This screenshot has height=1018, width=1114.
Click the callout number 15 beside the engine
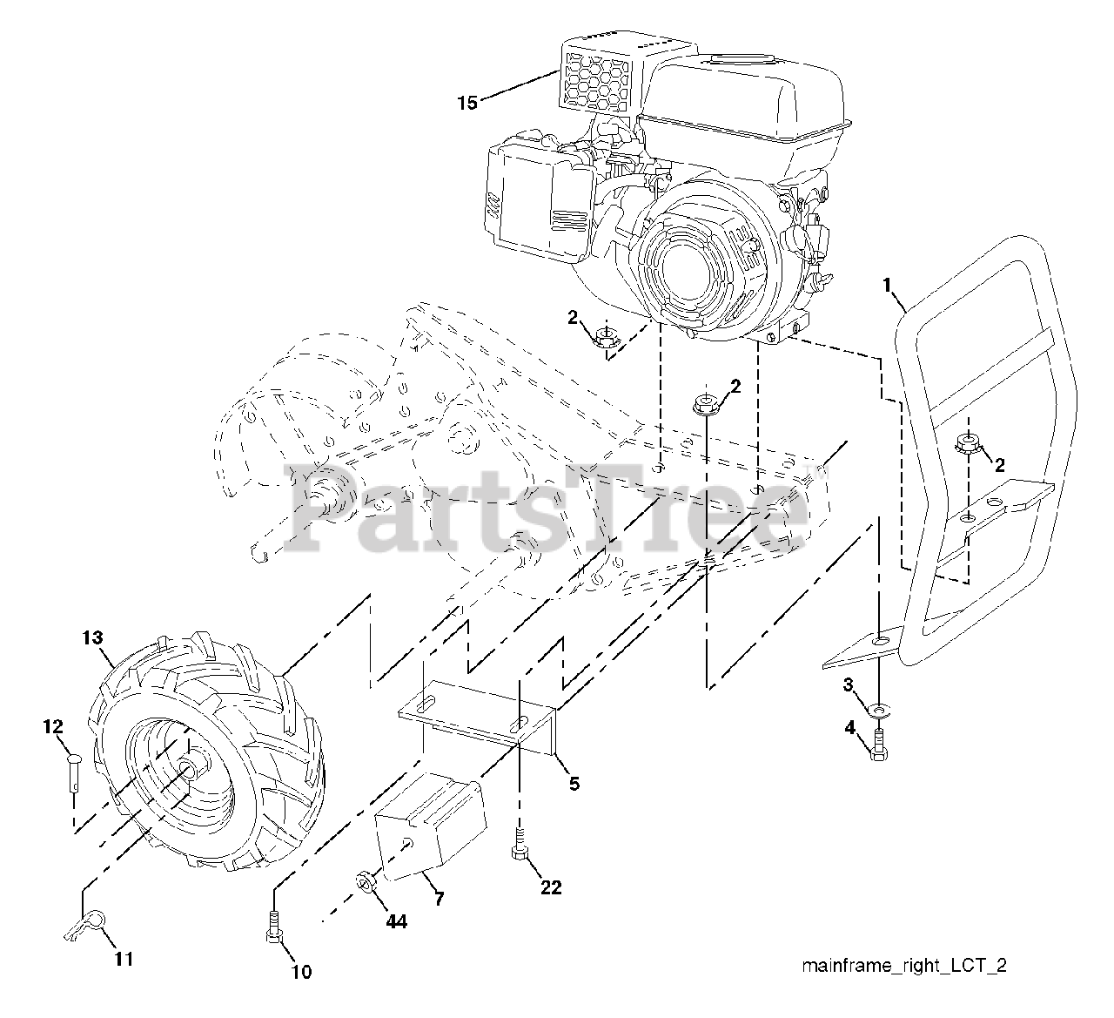click(x=467, y=103)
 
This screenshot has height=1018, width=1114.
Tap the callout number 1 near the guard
click(x=887, y=284)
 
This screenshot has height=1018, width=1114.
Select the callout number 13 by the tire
click(x=92, y=638)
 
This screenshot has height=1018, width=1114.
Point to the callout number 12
click(x=53, y=725)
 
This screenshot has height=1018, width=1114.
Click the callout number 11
click(x=124, y=959)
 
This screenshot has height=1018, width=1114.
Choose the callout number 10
click(x=300, y=972)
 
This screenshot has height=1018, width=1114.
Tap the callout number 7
click(x=439, y=899)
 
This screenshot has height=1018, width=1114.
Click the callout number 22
click(x=550, y=887)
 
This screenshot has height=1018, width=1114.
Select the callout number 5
click(x=574, y=783)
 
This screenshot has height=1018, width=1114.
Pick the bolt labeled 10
click(x=273, y=927)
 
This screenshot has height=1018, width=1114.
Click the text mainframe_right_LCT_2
click(x=903, y=966)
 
